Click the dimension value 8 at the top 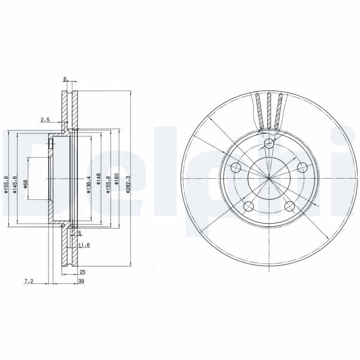tap(65, 79)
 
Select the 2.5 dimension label tap(45, 120)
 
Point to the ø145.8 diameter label tap(15, 184)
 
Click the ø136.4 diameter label tap(89, 184)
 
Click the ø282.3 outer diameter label tap(128, 184)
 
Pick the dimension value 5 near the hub tap(80, 233)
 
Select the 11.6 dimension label tap(83, 245)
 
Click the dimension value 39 tap(81, 281)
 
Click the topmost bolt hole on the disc tap(269, 144)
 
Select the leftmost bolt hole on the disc tap(236, 168)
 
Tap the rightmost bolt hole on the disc tap(302, 167)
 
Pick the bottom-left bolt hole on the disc tap(248, 207)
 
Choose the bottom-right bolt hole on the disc tap(289, 207)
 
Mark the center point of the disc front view tap(269, 179)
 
